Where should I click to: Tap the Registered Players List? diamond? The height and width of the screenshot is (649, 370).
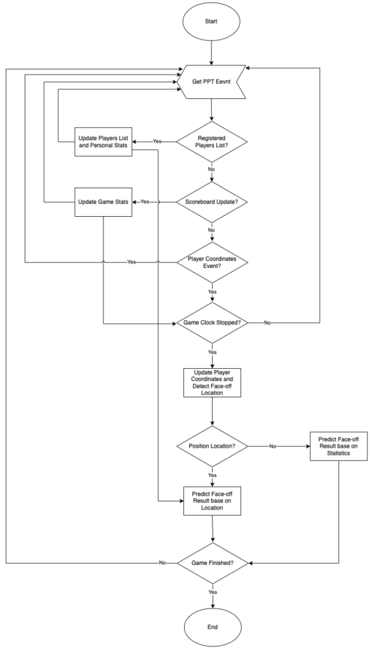[x=211, y=141]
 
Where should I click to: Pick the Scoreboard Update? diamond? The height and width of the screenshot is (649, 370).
[x=211, y=202]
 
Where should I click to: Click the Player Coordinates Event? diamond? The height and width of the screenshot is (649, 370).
[x=211, y=262]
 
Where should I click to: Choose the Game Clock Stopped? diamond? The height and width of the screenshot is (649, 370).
[x=211, y=323]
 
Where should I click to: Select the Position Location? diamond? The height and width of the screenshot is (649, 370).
[x=211, y=446]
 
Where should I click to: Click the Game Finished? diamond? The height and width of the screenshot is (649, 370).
[x=211, y=562]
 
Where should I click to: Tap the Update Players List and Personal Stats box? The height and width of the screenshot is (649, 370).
[x=104, y=141]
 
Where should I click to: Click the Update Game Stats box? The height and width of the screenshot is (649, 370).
[x=104, y=202]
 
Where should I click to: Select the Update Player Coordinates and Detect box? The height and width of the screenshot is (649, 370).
[x=211, y=382]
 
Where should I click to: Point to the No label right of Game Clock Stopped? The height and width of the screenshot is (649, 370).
[x=267, y=323]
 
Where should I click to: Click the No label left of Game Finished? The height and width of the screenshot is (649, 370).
[x=163, y=562]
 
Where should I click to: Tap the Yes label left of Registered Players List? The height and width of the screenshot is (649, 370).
[x=156, y=141]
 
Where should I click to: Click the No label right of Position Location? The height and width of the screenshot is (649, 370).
[x=273, y=446]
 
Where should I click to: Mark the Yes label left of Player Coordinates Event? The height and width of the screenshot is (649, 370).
[x=131, y=262]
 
